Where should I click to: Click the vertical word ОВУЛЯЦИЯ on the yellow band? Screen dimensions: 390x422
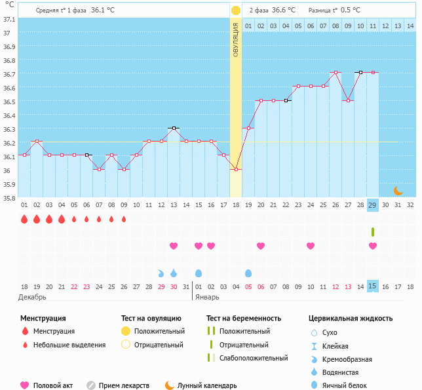(x=236, y=39)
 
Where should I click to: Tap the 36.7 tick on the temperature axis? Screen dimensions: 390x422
(x=8, y=74)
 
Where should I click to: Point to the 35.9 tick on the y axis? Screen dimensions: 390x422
(x=8, y=185)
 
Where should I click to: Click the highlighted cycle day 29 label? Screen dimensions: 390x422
(x=373, y=205)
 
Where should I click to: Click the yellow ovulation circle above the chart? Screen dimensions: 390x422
(x=236, y=10)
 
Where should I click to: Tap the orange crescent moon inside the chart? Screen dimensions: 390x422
(x=398, y=191)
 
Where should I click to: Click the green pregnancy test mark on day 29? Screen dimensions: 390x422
(x=373, y=231)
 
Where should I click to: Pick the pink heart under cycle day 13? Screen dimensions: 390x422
(x=174, y=246)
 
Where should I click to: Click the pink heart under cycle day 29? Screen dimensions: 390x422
(x=373, y=246)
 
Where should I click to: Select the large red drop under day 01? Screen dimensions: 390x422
(x=24, y=219)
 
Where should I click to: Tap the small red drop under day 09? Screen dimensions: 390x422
(x=124, y=219)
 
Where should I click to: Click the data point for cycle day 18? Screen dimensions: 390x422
(x=236, y=169)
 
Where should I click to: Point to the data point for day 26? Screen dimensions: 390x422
(x=336, y=72)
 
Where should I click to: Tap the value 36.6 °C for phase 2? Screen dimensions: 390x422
(x=283, y=10)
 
